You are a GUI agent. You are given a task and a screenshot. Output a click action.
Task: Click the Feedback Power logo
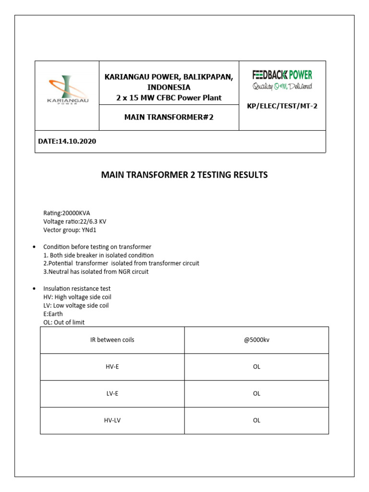[282, 80]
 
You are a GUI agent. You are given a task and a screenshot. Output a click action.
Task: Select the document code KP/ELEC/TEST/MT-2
[282, 106]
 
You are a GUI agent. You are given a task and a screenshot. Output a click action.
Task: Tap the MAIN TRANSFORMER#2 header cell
[169, 117]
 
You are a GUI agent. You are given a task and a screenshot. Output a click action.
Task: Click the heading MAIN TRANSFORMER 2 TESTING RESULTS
[184, 175]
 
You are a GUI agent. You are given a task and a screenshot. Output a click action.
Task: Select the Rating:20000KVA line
[67, 213]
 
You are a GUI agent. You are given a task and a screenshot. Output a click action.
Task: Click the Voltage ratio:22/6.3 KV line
[74, 221]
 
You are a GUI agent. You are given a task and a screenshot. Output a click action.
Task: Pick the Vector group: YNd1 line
[70, 230]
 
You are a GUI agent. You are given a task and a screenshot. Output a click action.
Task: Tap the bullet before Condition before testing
[34, 247]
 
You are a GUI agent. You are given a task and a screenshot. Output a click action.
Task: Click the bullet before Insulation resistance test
[34, 289]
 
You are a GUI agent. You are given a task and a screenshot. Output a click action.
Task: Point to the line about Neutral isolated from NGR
[96, 271]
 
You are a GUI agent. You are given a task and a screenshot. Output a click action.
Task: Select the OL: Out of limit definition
[64, 322]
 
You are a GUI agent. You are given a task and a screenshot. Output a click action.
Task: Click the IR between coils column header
[112, 340]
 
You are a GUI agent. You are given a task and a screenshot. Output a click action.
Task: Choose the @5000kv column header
[257, 340]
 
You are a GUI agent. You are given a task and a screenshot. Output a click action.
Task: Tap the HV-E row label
[112, 367]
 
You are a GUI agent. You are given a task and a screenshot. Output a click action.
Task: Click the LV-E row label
[112, 394]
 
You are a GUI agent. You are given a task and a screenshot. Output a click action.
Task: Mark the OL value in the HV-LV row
[257, 420]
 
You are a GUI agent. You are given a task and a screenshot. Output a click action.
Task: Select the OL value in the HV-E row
[257, 367]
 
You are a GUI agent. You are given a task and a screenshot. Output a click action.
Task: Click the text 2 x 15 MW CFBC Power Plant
[169, 98]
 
